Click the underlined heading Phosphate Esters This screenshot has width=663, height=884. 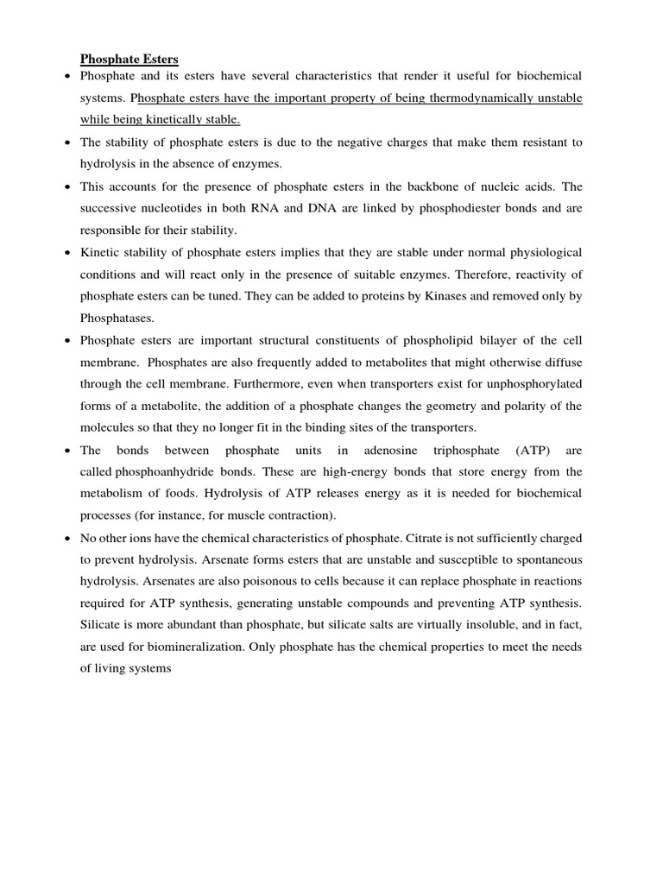tap(129, 60)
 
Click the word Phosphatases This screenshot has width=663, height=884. tap(117, 319)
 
